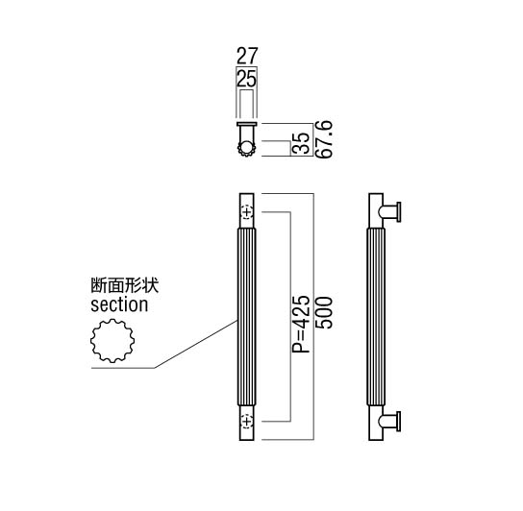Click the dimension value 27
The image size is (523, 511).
click(247, 56)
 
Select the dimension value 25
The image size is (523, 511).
click(246, 79)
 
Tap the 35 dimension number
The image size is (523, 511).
click(301, 143)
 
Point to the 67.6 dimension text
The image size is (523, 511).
click(323, 139)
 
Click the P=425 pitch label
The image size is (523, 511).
click(301, 324)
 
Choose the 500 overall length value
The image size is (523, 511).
click(323, 313)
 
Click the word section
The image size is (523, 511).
click(119, 304)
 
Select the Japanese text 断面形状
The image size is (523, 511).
click(125, 286)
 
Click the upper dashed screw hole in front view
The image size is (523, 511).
click(247, 212)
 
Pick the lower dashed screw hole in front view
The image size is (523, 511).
click(247, 421)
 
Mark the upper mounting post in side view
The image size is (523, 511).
click(389, 212)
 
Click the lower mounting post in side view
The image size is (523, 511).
click(389, 422)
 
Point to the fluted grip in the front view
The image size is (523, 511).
click(247, 317)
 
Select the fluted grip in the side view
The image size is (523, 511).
click(376, 317)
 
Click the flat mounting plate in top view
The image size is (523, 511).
click(247, 124)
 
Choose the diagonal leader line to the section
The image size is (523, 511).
click(196, 344)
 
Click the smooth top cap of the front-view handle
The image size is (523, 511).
click(247, 210)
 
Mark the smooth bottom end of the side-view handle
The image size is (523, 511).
click(376, 423)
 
